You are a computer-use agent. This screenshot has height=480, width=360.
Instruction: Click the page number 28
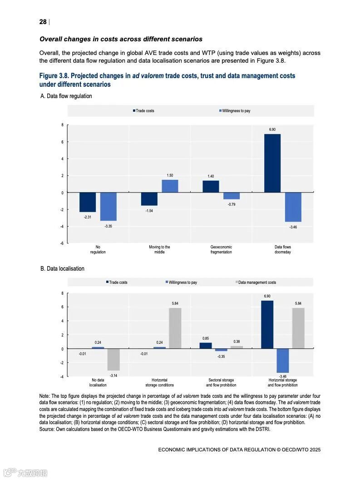pyautogui.click(x=43, y=22)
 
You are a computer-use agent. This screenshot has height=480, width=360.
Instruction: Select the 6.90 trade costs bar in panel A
pyautogui.click(x=272, y=163)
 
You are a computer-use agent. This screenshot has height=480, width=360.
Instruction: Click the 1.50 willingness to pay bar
pyautogui.click(x=170, y=186)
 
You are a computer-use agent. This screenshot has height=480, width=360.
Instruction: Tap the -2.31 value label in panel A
pyautogui.click(x=88, y=218)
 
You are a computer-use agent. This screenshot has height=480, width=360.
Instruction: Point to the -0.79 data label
pyautogui.click(x=232, y=204)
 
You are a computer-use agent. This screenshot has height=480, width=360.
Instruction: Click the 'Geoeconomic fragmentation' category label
pyautogui.click(x=221, y=250)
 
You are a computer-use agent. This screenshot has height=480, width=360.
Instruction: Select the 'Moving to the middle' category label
pyautogui.click(x=159, y=250)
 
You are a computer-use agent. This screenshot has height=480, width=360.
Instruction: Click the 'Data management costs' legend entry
pyautogui.click(x=256, y=282)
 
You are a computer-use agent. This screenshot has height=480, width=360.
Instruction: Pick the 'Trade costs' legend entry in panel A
pyautogui.click(x=145, y=111)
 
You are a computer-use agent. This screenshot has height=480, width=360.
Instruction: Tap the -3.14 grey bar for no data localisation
pyautogui.click(x=113, y=360)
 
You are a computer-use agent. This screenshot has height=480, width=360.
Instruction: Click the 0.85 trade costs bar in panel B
pyautogui.click(x=206, y=346)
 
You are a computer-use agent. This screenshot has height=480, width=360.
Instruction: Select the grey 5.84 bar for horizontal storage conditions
pyautogui.click(x=175, y=328)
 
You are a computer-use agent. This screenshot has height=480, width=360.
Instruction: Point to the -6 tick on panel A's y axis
pyautogui.click(x=62, y=243)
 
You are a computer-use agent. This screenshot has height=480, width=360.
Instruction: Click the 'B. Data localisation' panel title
pyautogui.click(x=62, y=268)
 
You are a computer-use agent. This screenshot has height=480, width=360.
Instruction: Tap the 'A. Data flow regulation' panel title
pyautogui.click(x=66, y=96)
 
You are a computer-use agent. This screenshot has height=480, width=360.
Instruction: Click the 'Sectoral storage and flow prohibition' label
pyautogui.click(x=221, y=382)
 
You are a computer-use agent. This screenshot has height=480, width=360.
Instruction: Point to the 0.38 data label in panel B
pyautogui.click(x=237, y=341)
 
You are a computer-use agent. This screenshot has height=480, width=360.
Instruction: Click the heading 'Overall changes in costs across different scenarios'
pyautogui.click(x=121, y=39)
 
